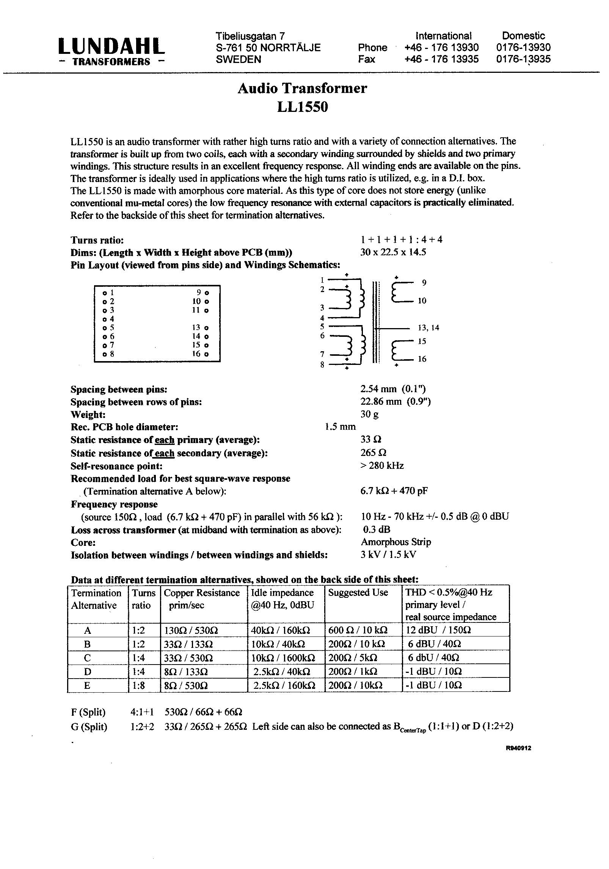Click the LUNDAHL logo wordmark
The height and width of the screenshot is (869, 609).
111,46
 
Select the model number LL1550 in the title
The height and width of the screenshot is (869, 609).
302,107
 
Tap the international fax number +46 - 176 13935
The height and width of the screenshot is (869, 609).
441,59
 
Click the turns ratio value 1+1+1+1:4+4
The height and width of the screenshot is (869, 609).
401,240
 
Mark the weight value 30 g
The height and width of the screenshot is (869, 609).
369,414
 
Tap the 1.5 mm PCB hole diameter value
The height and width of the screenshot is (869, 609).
340,427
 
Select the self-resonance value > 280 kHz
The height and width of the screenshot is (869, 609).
382,465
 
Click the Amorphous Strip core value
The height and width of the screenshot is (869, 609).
396,542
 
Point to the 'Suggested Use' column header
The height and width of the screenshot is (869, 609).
358,592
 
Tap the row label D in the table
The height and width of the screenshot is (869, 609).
88,672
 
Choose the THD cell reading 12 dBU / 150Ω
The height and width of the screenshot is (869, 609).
438,630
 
